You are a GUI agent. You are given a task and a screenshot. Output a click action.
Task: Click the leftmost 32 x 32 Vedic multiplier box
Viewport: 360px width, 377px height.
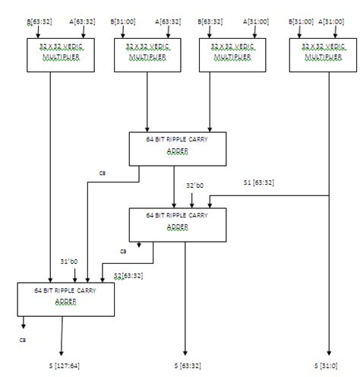coord(62,55)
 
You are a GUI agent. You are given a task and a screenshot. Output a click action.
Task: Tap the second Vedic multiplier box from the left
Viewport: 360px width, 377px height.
coord(147,55)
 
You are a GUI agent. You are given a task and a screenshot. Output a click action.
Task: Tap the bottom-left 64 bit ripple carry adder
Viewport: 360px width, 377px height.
coord(65,299)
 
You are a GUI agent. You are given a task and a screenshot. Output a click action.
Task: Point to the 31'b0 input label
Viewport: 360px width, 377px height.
coord(69,263)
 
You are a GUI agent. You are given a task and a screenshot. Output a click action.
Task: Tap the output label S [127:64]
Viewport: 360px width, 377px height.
coord(64,366)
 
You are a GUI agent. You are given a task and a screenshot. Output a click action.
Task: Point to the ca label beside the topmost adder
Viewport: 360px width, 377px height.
coord(102,173)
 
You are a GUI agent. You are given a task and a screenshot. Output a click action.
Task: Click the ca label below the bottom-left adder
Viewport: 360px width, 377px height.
coord(24,340)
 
